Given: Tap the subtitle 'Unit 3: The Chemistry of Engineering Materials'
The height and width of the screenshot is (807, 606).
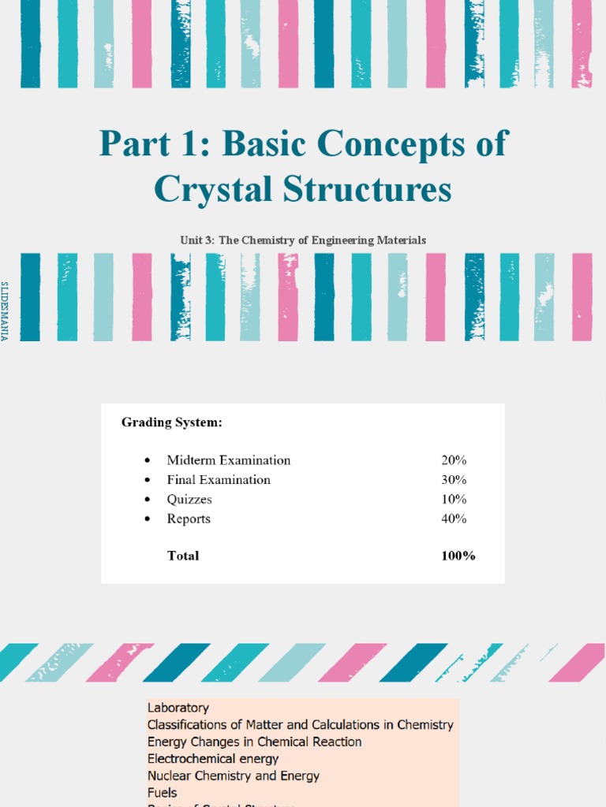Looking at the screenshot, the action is click(303, 240).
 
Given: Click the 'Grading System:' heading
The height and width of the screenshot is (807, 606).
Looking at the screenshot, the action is click(172, 422).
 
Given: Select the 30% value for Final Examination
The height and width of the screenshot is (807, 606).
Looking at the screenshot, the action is click(454, 480).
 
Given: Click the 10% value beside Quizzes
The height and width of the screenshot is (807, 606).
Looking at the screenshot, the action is click(454, 499).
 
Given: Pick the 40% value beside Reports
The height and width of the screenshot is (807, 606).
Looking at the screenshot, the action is click(454, 519).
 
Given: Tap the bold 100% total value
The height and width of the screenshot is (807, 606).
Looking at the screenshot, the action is click(458, 556).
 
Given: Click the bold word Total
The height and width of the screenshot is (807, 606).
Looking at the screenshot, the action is click(183, 556).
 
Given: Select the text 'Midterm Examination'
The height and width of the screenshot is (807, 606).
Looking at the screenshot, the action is click(229, 460).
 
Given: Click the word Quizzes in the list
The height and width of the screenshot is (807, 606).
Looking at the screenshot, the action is click(189, 499).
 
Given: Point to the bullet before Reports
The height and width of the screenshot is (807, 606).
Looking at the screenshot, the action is click(148, 519).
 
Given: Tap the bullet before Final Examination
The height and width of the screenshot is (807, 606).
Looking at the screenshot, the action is click(148, 481).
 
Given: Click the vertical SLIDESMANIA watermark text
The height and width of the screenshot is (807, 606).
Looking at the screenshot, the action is click(5, 311).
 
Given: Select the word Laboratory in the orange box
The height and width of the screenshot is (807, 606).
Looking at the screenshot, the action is click(178, 708).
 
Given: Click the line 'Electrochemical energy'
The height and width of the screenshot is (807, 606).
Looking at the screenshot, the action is click(213, 759).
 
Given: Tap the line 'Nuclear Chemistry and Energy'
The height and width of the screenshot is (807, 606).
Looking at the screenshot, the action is click(234, 775).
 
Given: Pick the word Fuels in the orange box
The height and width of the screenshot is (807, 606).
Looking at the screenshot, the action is click(163, 793).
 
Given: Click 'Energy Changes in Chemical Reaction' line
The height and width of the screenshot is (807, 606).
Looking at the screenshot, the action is click(255, 742).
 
